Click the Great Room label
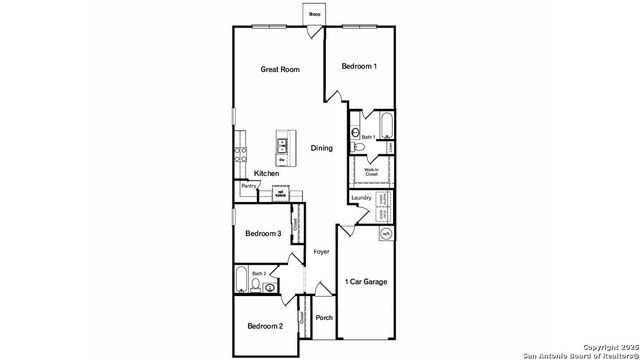click(x=280, y=69)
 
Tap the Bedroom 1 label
click(x=359, y=66)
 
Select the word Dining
click(x=321, y=148)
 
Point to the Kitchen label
click(x=266, y=173)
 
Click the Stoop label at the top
click(x=314, y=14)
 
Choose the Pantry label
click(x=247, y=186)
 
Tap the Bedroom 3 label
click(x=263, y=233)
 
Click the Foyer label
click(x=321, y=251)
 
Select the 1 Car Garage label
click(x=365, y=281)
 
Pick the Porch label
click(x=324, y=318)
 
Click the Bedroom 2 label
click(x=265, y=326)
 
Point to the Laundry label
click(x=361, y=198)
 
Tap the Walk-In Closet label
click(x=370, y=172)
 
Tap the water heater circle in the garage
click(x=386, y=234)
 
